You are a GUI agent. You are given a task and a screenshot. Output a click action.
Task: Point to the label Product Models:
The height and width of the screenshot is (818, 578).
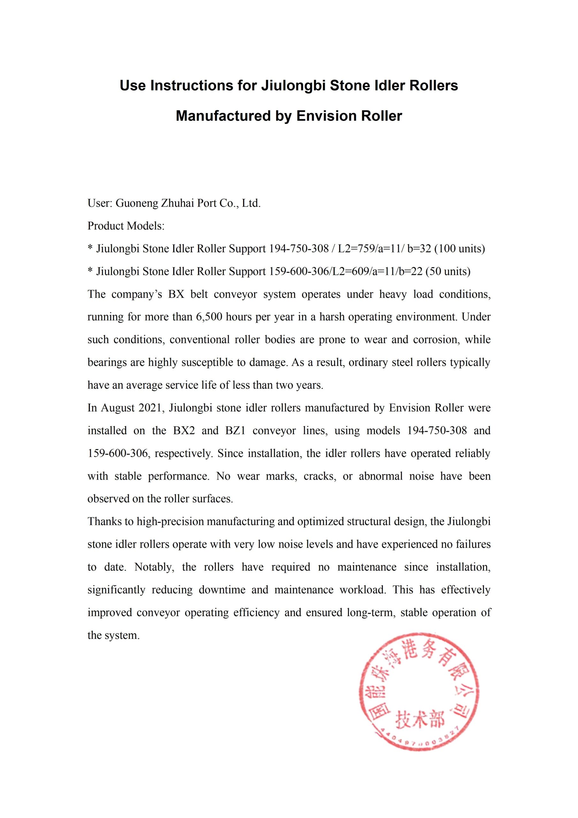click(x=126, y=226)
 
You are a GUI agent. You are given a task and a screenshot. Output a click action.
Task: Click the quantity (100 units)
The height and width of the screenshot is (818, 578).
click(x=459, y=249)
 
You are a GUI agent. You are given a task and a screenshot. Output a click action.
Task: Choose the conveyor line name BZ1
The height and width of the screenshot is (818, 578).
click(x=235, y=431)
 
